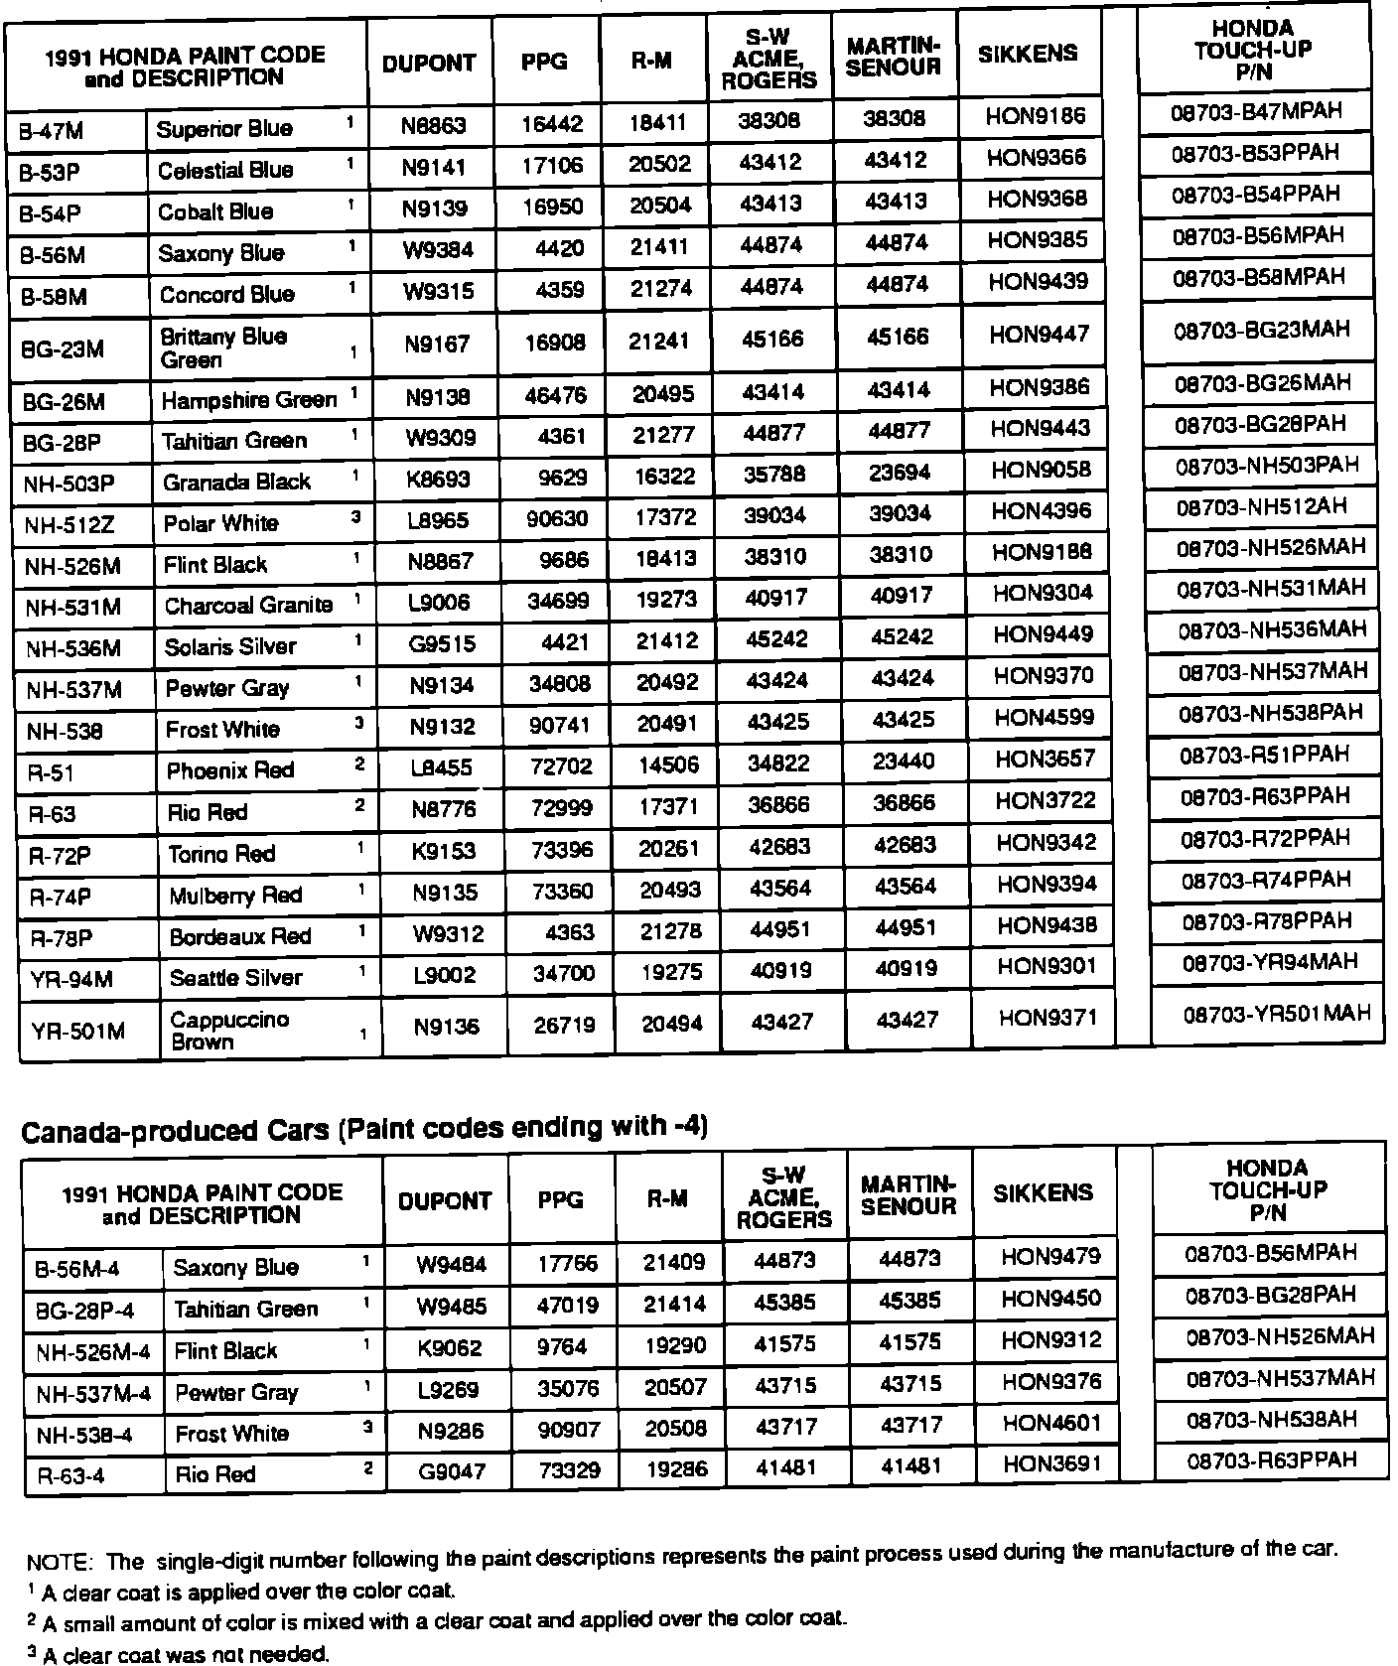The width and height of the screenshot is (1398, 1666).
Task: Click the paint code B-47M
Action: (52, 130)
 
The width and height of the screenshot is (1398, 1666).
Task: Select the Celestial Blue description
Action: (225, 170)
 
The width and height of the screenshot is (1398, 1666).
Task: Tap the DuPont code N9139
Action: (435, 208)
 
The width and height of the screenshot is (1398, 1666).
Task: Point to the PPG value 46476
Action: (556, 396)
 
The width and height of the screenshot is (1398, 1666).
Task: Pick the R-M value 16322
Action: (665, 477)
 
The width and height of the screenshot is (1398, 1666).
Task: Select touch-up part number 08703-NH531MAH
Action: (1271, 589)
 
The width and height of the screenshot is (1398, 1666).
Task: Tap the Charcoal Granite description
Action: (248, 605)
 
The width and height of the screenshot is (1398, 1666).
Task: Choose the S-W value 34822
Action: (778, 764)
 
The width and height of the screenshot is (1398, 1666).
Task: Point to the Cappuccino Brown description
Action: (229, 1031)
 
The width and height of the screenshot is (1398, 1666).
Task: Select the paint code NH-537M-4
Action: (93, 1393)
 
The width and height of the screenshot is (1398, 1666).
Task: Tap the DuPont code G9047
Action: (452, 1470)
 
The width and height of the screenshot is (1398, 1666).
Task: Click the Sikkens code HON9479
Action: (1050, 1257)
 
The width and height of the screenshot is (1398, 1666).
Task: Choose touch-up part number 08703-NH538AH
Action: (1271, 1420)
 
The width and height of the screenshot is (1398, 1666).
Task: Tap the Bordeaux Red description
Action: (239, 936)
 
